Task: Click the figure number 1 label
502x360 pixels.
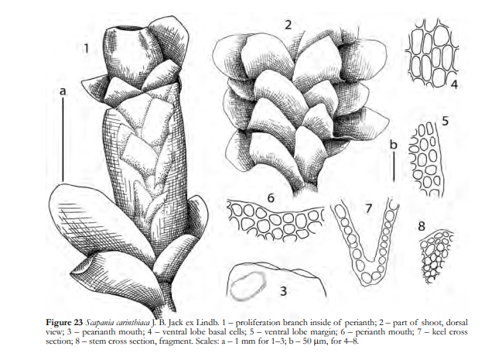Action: pos(86,49)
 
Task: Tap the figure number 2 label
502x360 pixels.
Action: pos(289,24)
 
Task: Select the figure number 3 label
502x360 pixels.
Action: pos(283,291)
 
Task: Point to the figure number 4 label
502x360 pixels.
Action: pos(454,84)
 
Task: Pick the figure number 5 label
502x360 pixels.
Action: pos(446,121)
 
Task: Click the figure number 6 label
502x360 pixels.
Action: pos(271,198)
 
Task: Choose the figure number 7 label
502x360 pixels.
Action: pos(368,209)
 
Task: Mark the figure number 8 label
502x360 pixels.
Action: pos(422,226)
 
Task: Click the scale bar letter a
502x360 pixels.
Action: pos(63,91)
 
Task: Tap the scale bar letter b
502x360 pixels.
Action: pos(394,144)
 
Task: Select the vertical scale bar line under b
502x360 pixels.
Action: pos(394,168)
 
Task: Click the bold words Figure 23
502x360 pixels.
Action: pos(64,322)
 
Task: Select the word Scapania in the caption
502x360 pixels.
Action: pos(97,323)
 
